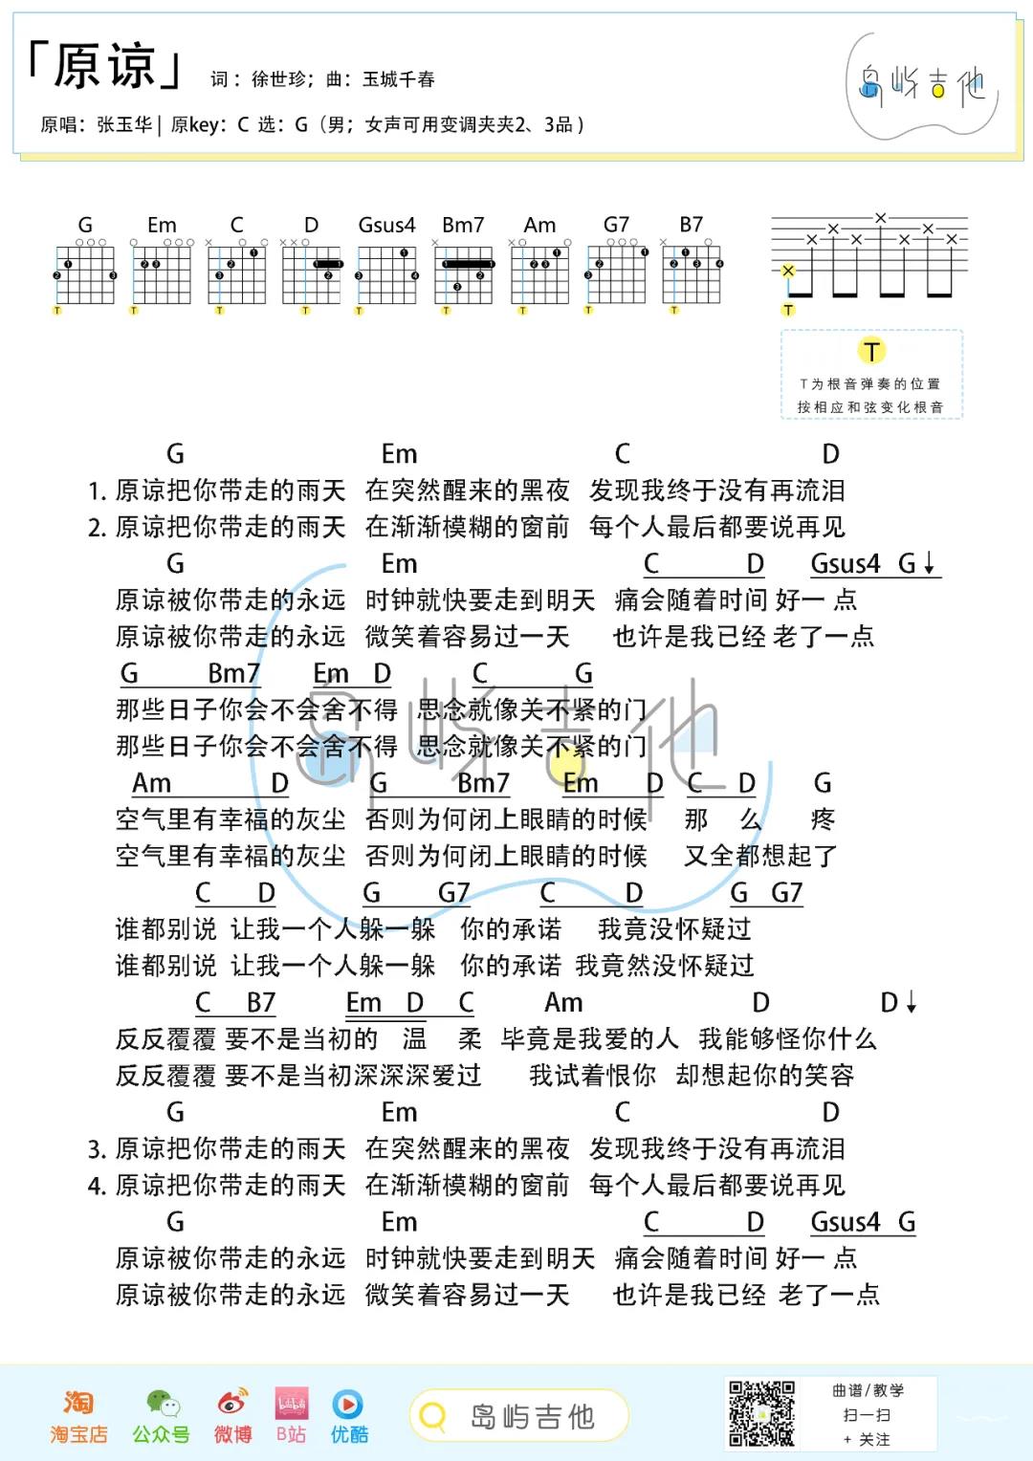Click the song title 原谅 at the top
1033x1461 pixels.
pyautogui.click(x=103, y=67)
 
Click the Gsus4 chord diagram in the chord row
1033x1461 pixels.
pyautogui.click(x=386, y=273)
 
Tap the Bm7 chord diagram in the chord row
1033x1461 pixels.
pyautogui.click(x=464, y=273)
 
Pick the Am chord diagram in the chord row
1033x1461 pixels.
pyautogui.click(x=539, y=273)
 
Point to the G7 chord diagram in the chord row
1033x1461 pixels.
pyautogui.click(x=617, y=273)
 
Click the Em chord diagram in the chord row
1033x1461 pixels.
pyautogui.click(x=161, y=273)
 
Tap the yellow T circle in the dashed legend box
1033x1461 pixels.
pyautogui.click(x=871, y=351)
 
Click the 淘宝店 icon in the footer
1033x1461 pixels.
pyautogui.click(x=78, y=1403)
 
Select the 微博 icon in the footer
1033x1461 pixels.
pyautogui.click(x=232, y=1403)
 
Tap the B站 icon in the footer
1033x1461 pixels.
pyautogui.click(x=291, y=1403)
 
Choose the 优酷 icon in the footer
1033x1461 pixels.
pyautogui.click(x=348, y=1403)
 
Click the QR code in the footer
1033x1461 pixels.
pyautogui.click(x=761, y=1413)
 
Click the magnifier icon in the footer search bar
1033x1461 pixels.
pyautogui.click(x=433, y=1416)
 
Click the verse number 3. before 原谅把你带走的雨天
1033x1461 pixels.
pyautogui.click(x=97, y=1149)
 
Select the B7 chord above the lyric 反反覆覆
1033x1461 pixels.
pyautogui.click(x=260, y=1002)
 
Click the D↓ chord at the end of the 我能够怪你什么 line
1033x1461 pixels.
pyautogui.click(x=898, y=1002)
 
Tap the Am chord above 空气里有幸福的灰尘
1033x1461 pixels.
pyautogui.click(x=151, y=783)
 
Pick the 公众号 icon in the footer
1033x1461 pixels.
pyautogui.click(x=161, y=1403)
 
